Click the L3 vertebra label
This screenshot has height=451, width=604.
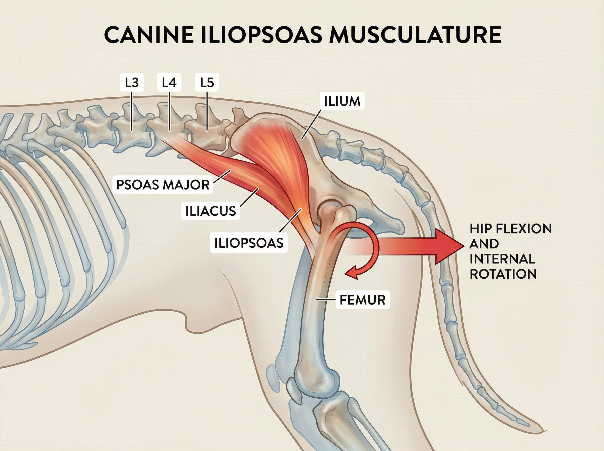pos(132,83)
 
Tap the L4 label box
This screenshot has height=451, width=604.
pos(169,83)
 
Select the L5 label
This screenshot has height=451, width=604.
pos(207,83)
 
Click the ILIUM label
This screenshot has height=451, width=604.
pos(342,101)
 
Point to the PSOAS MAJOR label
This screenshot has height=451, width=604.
pos(163,185)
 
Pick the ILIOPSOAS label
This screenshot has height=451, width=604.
pos(249,243)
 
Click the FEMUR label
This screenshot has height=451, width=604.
pos(362,300)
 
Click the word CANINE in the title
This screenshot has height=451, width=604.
pos(149,35)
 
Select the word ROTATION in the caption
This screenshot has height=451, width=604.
pos(503,274)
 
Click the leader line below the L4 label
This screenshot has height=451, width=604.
pos(169,112)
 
